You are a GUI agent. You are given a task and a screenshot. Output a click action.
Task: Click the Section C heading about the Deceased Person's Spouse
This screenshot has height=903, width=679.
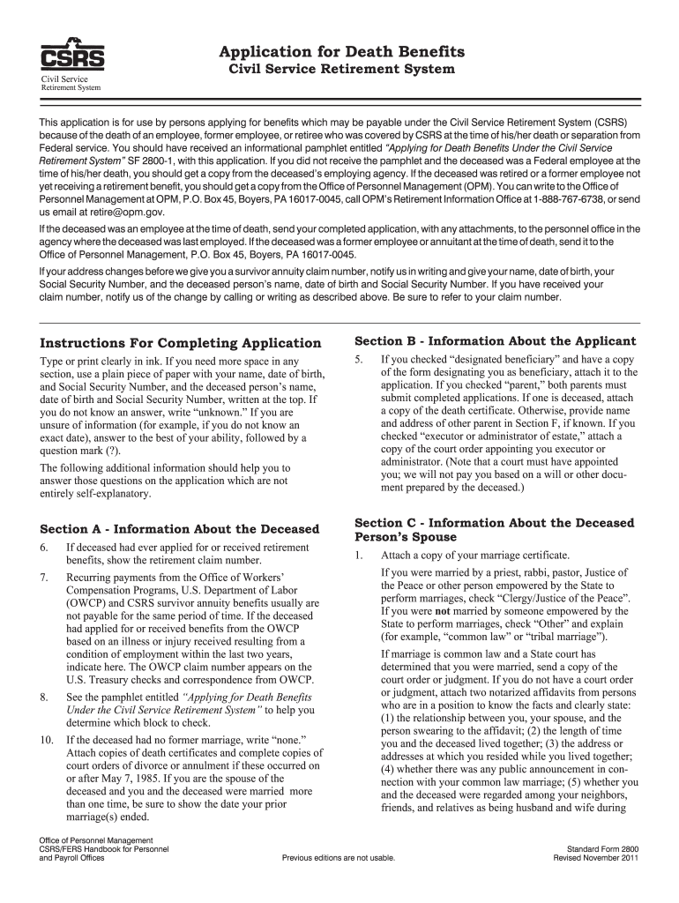coord(494,530)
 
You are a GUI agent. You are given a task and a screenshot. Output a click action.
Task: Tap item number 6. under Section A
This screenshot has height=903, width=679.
coord(44,548)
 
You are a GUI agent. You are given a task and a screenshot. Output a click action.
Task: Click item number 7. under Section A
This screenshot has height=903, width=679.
coord(44,577)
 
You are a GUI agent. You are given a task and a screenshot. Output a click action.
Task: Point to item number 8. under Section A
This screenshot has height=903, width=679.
coord(44,698)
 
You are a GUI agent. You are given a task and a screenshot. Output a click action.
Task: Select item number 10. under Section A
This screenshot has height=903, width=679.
coord(47,738)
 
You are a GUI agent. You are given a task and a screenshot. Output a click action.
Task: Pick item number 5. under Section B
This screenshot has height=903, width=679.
coord(359,360)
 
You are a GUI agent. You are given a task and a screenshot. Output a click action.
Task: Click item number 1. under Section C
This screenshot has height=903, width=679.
coord(359,556)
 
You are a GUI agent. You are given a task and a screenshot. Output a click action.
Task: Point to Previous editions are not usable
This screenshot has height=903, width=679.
coord(339,857)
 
